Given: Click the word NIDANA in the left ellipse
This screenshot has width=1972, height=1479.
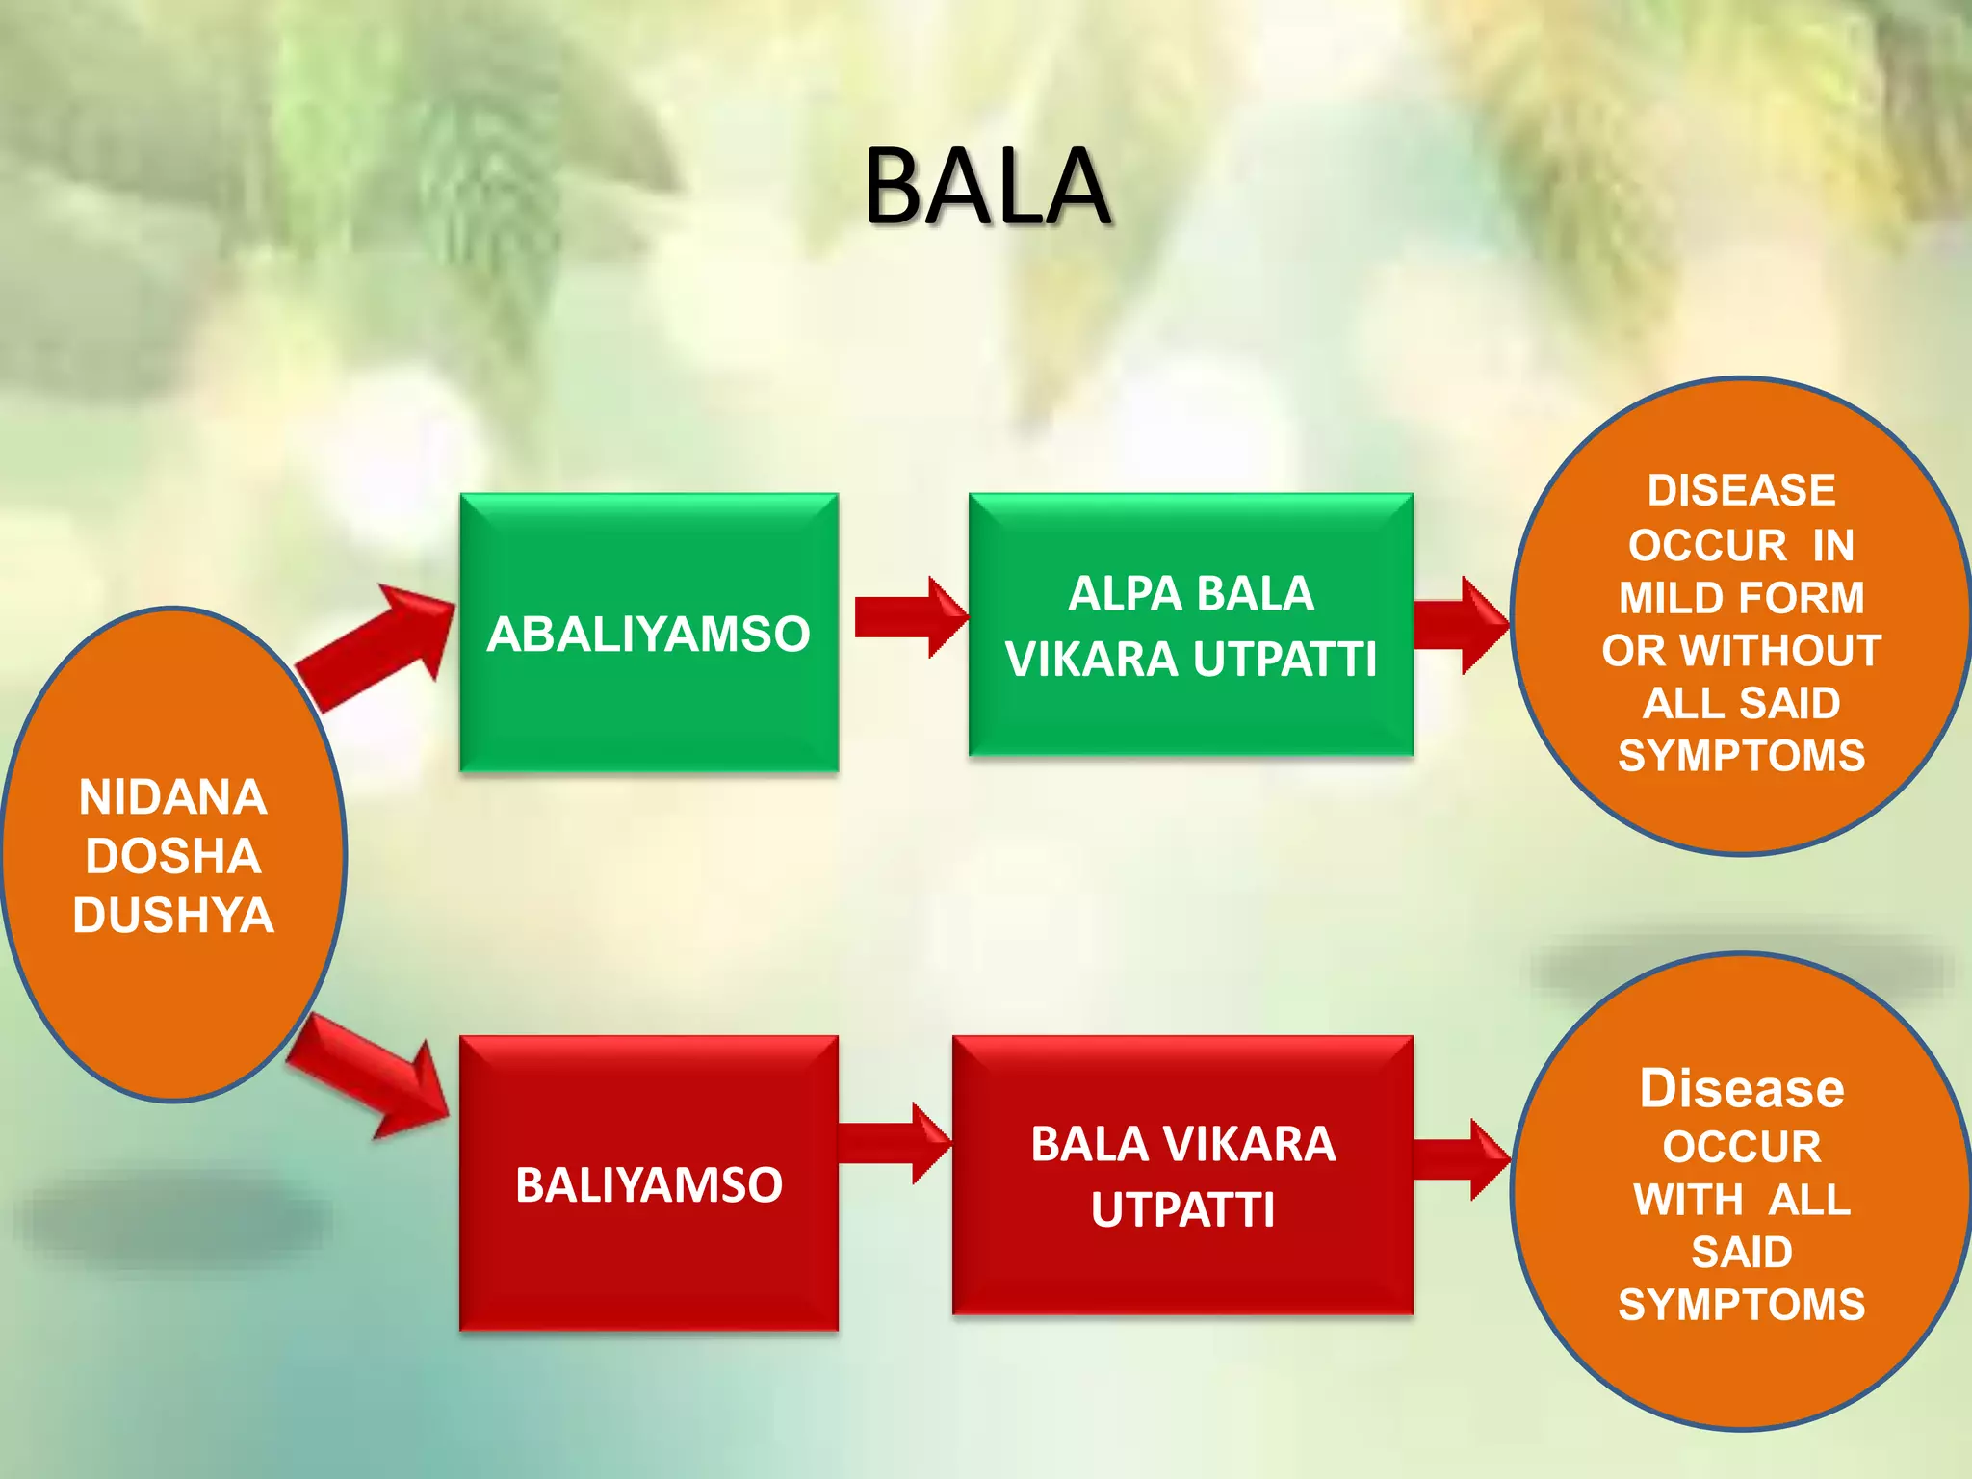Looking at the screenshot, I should tap(173, 797).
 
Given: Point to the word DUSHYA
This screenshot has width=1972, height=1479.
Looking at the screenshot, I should tap(173, 915).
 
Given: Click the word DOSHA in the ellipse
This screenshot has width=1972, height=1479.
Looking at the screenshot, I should tap(173, 856).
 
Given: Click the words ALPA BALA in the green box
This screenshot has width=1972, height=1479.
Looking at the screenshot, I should tap(1191, 593).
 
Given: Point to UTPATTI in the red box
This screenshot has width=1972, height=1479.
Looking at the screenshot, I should tap(1182, 1209).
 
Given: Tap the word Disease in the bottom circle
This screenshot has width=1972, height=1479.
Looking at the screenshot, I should tap(1741, 1088).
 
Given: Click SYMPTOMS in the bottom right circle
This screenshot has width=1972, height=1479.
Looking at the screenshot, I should tap(1741, 1305).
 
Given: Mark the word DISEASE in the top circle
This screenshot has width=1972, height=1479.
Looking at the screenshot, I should tap(1741, 490).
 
